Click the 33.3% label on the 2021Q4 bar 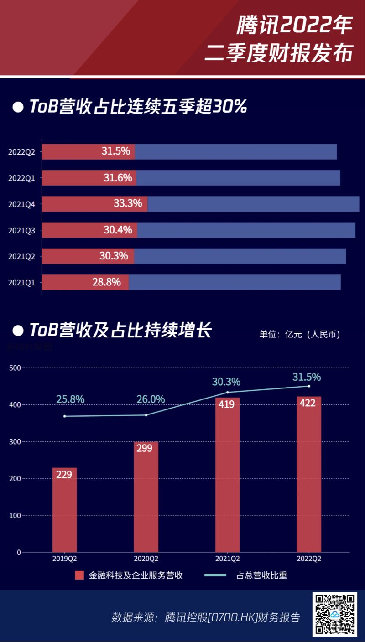click(128, 203)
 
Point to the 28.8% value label click(106, 282)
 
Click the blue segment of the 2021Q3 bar click(246, 230)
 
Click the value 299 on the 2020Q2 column click(146, 448)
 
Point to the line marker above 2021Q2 click(228, 392)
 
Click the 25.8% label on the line click(70, 399)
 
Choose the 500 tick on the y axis click(16, 368)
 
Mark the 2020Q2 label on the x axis click(146, 559)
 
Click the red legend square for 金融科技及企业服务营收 click(80, 575)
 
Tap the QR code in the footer click(334, 614)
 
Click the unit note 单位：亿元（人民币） click(300, 334)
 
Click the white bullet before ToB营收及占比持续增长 click(18, 330)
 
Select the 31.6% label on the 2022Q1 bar click(118, 177)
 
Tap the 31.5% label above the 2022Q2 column click(307, 377)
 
